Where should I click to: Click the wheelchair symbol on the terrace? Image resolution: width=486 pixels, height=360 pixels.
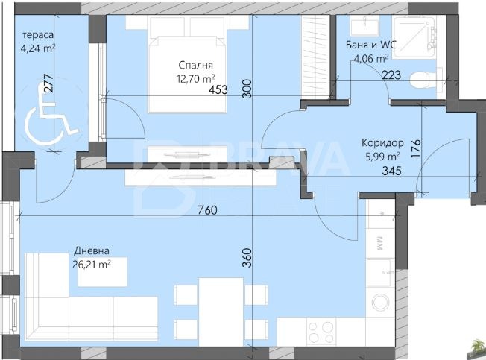coord(51,119)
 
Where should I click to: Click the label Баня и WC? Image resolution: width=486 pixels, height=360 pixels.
coord(370,44)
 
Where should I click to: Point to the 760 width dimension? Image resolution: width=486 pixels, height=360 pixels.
coord(208,211)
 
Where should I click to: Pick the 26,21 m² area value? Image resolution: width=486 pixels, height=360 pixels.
coord(92,263)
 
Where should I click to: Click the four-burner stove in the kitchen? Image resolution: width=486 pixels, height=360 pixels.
coord(321,329)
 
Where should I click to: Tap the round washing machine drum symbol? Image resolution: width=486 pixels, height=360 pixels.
coord(381,302)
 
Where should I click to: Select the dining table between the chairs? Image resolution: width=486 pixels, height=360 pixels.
coord(221,311)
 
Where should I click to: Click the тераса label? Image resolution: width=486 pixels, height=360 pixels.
coord(38,36)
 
